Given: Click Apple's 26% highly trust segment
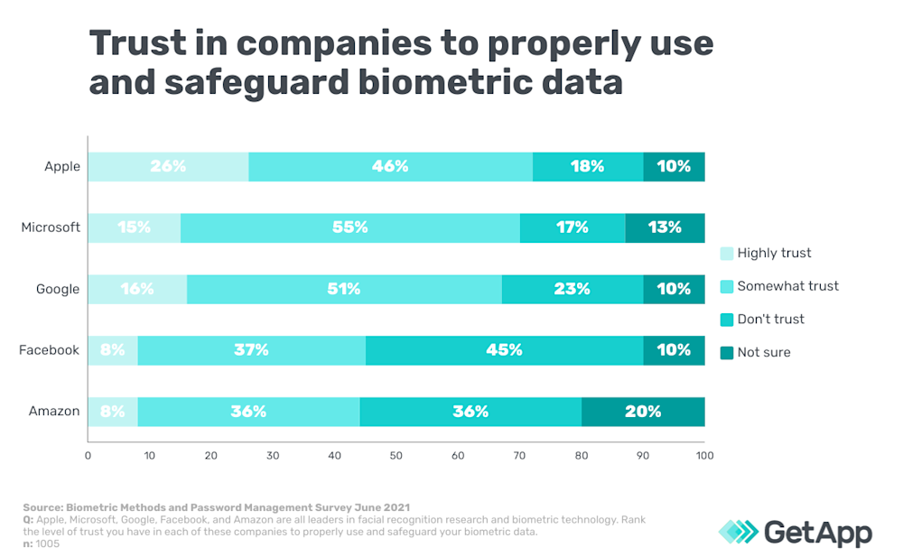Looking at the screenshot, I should pyautogui.click(x=168, y=166).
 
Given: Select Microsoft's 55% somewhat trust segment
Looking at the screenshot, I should pyautogui.click(x=350, y=227).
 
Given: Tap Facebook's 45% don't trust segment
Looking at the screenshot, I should pyautogui.click(x=504, y=350).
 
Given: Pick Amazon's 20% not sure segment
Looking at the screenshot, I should pyautogui.click(x=643, y=412).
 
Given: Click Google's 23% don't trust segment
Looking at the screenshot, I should pyautogui.click(x=573, y=289).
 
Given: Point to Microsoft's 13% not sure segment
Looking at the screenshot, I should pyautogui.click(x=665, y=227).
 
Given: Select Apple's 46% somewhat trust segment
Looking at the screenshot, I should pyautogui.click(x=390, y=166).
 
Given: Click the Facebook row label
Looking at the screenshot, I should pyautogui.click(x=49, y=350).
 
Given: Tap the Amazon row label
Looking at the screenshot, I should pyautogui.click(x=54, y=412).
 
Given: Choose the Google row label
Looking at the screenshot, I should pyautogui.click(x=58, y=289).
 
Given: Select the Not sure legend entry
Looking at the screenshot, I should pyautogui.click(x=763, y=352).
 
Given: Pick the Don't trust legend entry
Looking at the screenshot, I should pyautogui.click(x=770, y=319).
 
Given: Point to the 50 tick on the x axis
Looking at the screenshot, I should pyautogui.click(x=396, y=456).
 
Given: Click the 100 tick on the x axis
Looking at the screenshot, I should pyautogui.click(x=704, y=456).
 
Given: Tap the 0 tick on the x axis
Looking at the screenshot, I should pyautogui.click(x=88, y=456).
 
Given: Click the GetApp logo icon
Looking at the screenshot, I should pyautogui.click(x=738, y=532).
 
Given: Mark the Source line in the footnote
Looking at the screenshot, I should pyautogui.click(x=217, y=508).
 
